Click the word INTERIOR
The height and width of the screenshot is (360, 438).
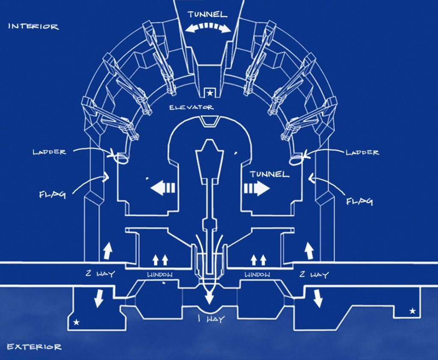click(33, 27)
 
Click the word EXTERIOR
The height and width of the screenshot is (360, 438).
click(34, 347)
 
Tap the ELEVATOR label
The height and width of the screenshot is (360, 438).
click(192, 107)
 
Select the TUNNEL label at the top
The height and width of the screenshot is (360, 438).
click(207, 15)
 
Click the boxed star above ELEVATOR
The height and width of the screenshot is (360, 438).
click(210, 93)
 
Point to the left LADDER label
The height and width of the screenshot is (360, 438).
click(50, 152)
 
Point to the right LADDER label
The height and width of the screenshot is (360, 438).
click(362, 152)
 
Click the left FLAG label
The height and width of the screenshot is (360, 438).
click(53, 194)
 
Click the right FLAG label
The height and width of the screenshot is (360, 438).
click(359, 201)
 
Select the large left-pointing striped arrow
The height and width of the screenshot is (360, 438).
click(163, 187)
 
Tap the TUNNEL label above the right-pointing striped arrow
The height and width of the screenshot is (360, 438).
click(269, 174)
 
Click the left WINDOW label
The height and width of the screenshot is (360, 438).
click(160, 274)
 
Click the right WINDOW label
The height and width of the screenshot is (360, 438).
click(257, 274)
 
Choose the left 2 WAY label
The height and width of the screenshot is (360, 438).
click(100, 274)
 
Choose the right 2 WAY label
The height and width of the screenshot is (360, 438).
click(314, 274)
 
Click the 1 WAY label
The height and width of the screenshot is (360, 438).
click(211, 318)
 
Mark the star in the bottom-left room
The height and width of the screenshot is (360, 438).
click(76, 323)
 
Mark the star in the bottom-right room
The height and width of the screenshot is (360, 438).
click(412, 311)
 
